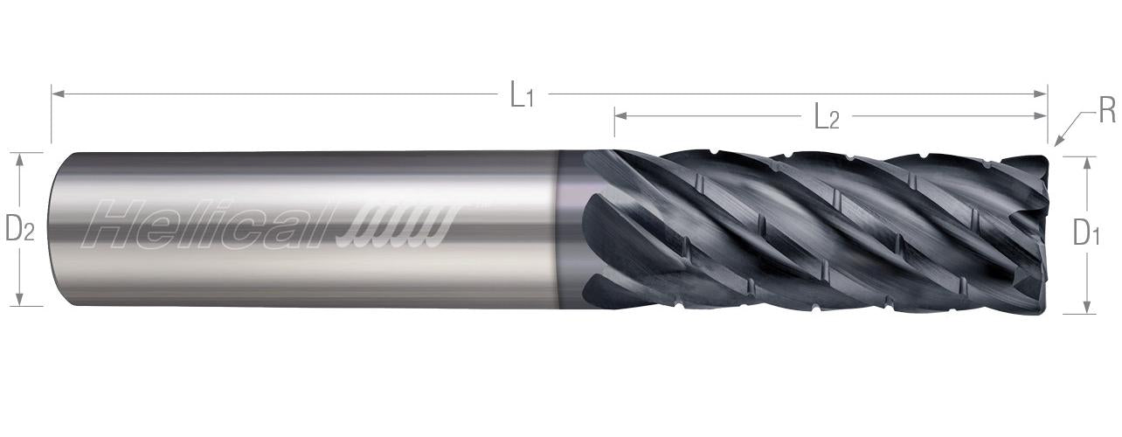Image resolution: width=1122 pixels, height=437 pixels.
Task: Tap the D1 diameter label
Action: click(1086, 233)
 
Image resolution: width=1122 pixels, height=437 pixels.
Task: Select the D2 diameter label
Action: click(20, 228)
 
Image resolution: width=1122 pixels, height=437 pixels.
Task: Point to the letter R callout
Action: click(1107, 111)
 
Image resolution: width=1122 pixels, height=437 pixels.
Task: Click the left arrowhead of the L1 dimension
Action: click(58, 94)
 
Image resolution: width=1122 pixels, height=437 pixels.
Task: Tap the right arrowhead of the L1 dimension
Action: click(1041, 94)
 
